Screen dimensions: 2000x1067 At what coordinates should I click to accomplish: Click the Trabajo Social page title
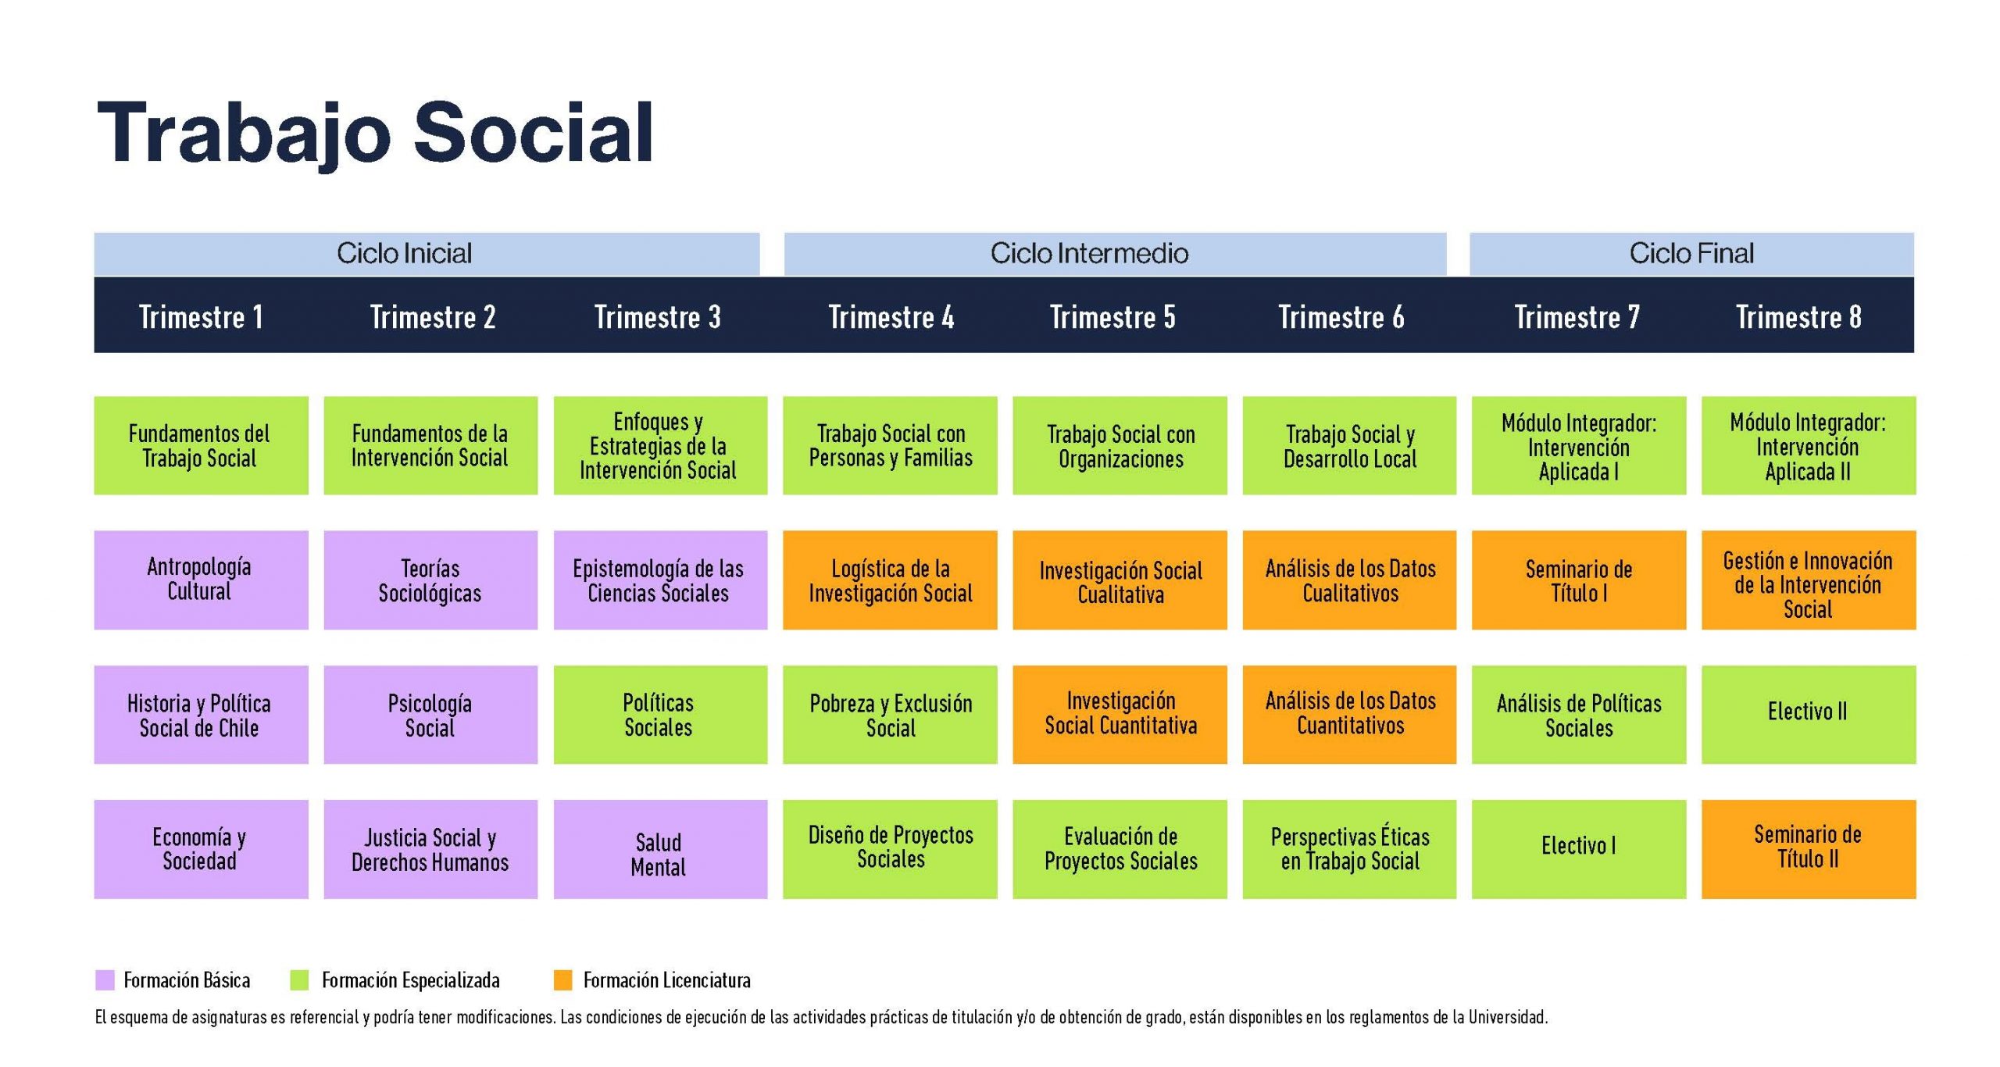[375, 134]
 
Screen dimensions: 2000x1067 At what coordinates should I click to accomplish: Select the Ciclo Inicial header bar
[427, 253]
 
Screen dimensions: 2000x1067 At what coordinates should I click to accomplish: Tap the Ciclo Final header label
[1691, 253]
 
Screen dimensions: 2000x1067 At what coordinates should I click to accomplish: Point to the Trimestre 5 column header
[1112, 317]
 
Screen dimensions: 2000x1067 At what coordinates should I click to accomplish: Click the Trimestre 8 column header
[1798, 317]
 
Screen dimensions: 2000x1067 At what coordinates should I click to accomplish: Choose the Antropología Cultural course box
[201, 580]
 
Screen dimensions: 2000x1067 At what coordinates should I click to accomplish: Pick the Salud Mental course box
[660, 849]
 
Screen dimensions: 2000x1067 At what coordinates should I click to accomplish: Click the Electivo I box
[1579, 849]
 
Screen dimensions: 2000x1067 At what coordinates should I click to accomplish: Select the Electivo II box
[1809, 714]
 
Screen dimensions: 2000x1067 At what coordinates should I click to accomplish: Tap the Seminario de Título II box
[1809, 849]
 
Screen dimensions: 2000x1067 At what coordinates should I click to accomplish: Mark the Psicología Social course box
[430, 714]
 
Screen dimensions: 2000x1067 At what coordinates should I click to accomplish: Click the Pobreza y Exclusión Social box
[890, 714]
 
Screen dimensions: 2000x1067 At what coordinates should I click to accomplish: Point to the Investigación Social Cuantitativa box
[1120, 714]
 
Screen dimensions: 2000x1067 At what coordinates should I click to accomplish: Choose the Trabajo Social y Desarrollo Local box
[1349, 445]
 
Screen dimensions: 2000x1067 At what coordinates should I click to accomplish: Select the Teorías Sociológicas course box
[430, 580]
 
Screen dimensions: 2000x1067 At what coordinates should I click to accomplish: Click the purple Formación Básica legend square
[105, 980]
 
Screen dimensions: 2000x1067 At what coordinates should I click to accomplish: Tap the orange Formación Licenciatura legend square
[563, 980]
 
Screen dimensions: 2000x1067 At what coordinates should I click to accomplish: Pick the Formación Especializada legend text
[411, 980]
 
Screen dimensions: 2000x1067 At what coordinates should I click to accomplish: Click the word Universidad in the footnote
[1508, 1017]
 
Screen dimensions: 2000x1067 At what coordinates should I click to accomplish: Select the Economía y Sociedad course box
[201, 849]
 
